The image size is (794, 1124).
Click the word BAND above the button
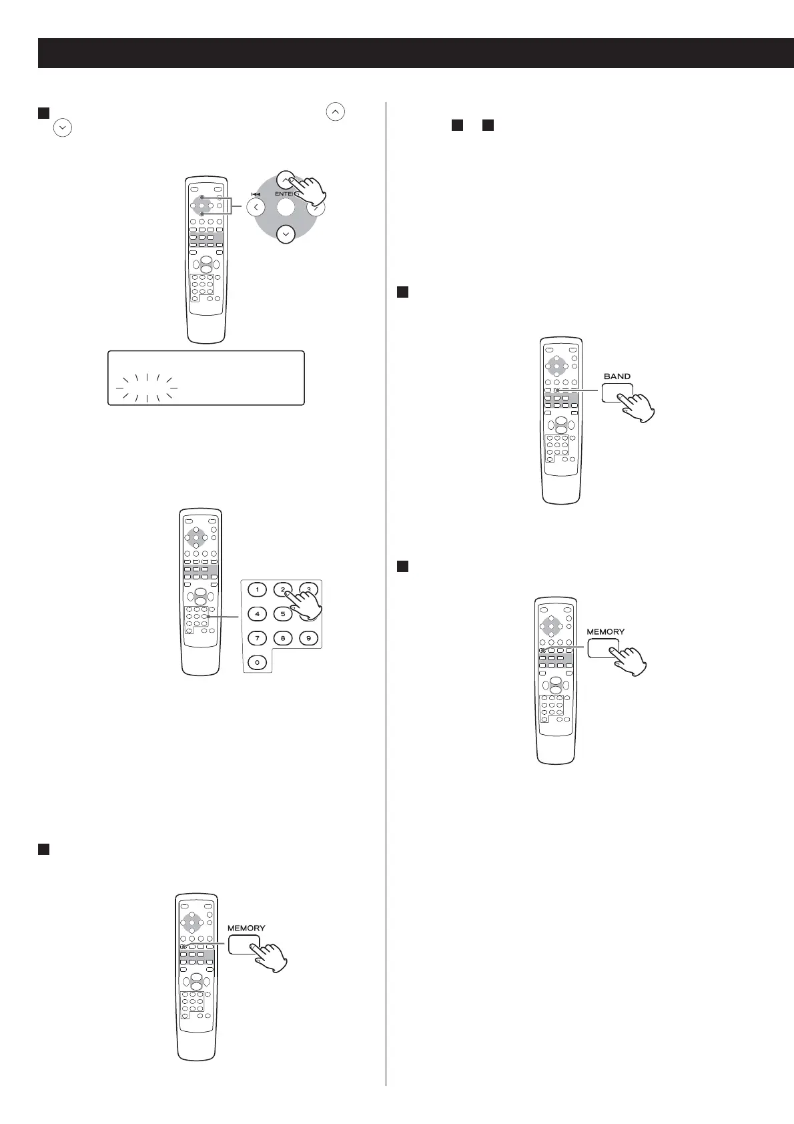[617, 376]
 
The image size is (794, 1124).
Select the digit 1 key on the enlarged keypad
[257, 590]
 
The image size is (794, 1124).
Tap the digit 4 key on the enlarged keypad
[257, 613]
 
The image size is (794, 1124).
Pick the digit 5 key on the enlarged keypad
[283, 613]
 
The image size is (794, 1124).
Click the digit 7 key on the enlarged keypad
[257, 638]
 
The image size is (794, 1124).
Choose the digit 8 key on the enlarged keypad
[283, 638]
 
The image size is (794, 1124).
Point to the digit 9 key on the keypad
[308, 638]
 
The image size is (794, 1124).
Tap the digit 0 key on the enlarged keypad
[257, 663]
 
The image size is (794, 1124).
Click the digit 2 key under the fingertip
[283, 590]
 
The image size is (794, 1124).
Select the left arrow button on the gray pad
[256, 208]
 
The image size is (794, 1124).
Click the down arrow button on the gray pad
[286, 234]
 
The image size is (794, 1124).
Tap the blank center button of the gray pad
[286, 208]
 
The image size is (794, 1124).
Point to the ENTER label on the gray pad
[285, 194]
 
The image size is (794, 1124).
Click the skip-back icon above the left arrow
[256, 194]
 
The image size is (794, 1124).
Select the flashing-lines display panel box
[206, 378]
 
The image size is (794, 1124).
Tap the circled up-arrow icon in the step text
[336, 112]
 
